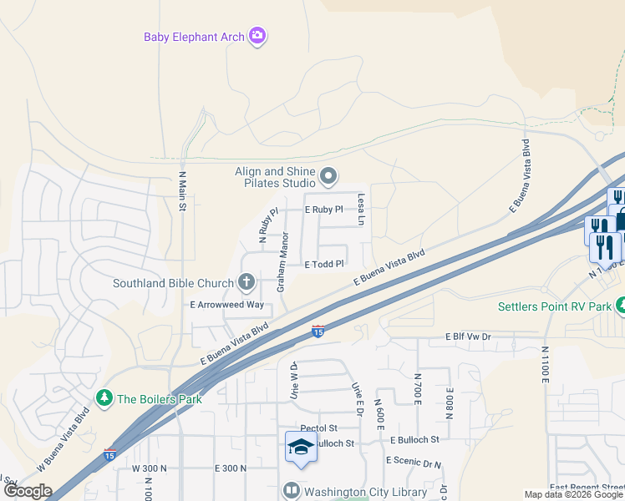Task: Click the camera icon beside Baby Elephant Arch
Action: tap(258, 35)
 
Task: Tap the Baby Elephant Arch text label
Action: tap(193, 37)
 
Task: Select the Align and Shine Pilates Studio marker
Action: tap(328, 176)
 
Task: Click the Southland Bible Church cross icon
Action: tap(246, 282)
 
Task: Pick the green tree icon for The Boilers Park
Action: tap(104, 398)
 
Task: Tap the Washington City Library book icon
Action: tap(292, 492)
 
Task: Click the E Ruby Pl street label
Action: tap(324, 210)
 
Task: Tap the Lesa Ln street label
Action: tap(362, 210)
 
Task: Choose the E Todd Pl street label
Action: tap(324, 264)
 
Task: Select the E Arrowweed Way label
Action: tap(227, 306)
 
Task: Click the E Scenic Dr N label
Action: tap(413, 461)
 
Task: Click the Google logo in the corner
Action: tap(28, 490)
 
